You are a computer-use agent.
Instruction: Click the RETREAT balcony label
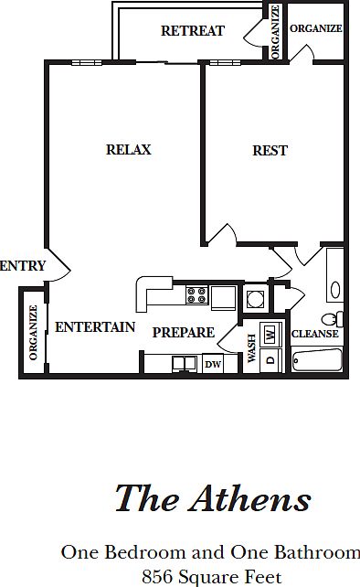point(193,31)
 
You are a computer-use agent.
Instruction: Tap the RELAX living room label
point(128,150)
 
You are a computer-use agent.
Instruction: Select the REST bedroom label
point(270,151)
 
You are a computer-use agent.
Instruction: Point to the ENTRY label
point(23,266)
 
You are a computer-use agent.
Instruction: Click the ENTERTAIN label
point(95,327)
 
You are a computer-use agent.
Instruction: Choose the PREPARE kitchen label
point(184,333)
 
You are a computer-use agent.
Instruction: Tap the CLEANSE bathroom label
point(314,334)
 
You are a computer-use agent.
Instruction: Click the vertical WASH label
point(251,348)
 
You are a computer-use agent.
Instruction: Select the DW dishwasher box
point(213,364)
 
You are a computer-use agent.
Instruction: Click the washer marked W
point(270,333)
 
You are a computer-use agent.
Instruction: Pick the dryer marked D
point(270,360)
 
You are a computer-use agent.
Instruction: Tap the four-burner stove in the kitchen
point(197,294)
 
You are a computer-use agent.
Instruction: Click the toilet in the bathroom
point(332,319)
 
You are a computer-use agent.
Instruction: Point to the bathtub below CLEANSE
point(317,360)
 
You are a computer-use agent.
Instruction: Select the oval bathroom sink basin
point(335,289)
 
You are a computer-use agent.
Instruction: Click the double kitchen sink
point(185,364)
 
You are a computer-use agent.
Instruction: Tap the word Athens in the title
point(250,498)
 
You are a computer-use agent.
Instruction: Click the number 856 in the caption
point(157,577)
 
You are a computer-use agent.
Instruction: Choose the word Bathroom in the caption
point(317,552)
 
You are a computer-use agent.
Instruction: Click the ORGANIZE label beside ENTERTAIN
point(33,333)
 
